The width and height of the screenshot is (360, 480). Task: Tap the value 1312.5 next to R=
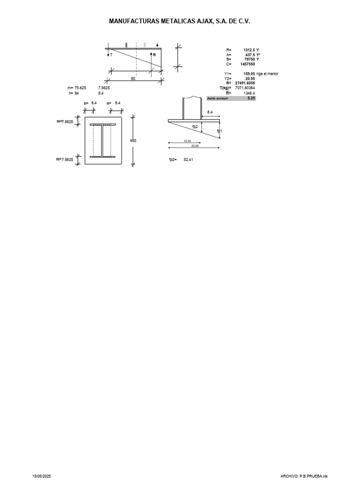pyautogui.click(x=249, y=50)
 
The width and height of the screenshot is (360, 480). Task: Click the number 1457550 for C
pyautogui.click(x=248, y=64)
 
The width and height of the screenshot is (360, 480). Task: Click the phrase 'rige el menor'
pyautogui.click(x=267, y=74)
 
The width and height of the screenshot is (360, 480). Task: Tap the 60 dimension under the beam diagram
pyautogui.click(x=133, y=79)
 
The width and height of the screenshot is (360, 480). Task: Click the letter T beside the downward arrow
pyautogui.click(x=111, y=55)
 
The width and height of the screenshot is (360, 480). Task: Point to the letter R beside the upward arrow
pyautogui.click(x=154, y=55)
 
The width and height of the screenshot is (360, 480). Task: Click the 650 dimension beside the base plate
pyautogui.click(x=133, y=141)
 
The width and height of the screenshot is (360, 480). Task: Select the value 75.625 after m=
pyautogui.click(x=80, y=88)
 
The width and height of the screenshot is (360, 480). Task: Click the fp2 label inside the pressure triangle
pyautogui.click(x=195, y=127)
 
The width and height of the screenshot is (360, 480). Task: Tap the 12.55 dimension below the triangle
pyautogui.click(x=187, y=141)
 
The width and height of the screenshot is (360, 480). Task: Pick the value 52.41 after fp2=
pyautogui.click(x=188, y=160)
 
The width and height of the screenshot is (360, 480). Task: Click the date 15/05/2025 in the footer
pyautogui.click(x=41, y=476)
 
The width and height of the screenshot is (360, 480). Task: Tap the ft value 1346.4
pyautogui.click(x=249, y=93)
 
